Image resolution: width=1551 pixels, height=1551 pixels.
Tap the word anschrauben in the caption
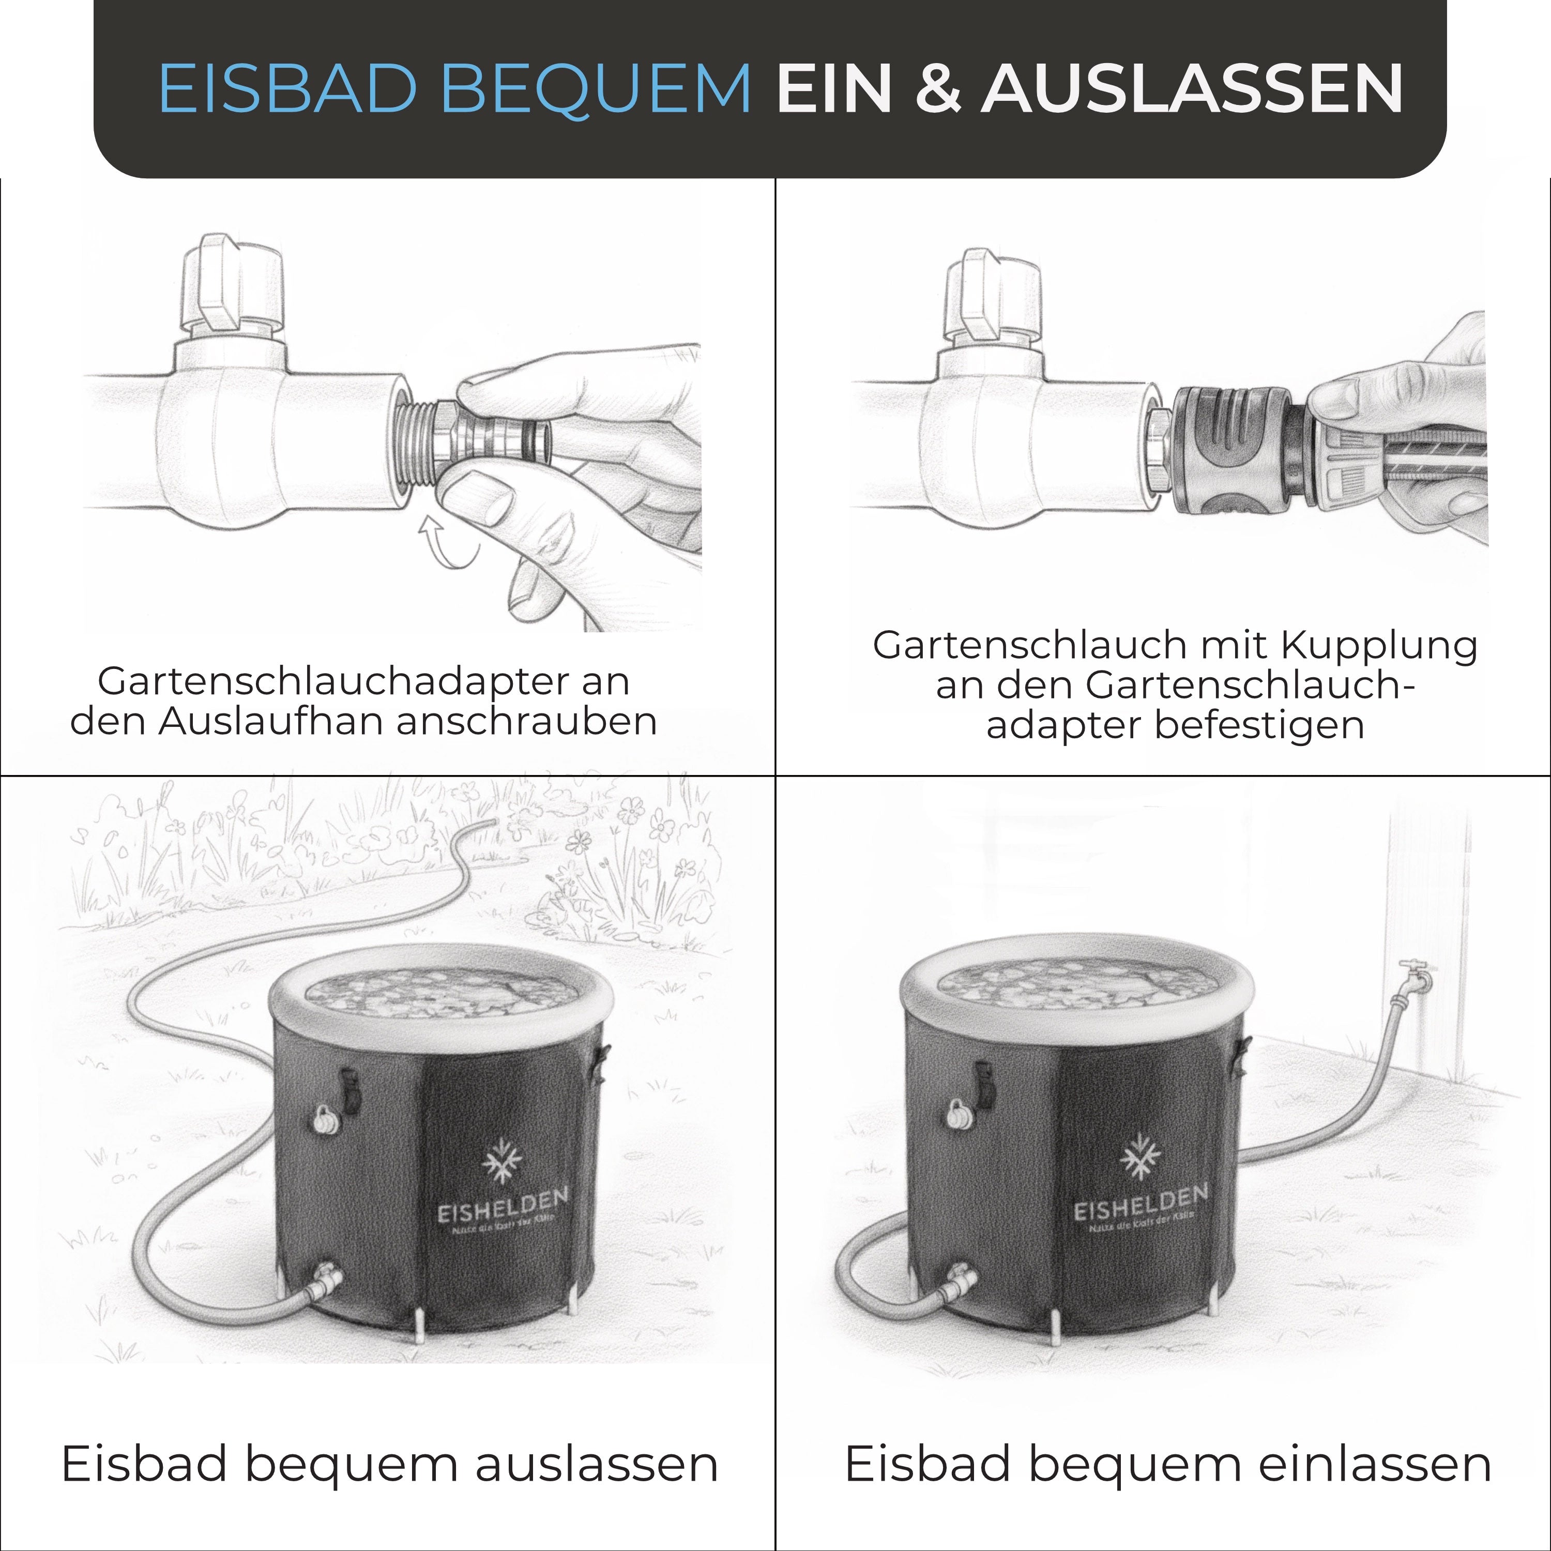(527, 721)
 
